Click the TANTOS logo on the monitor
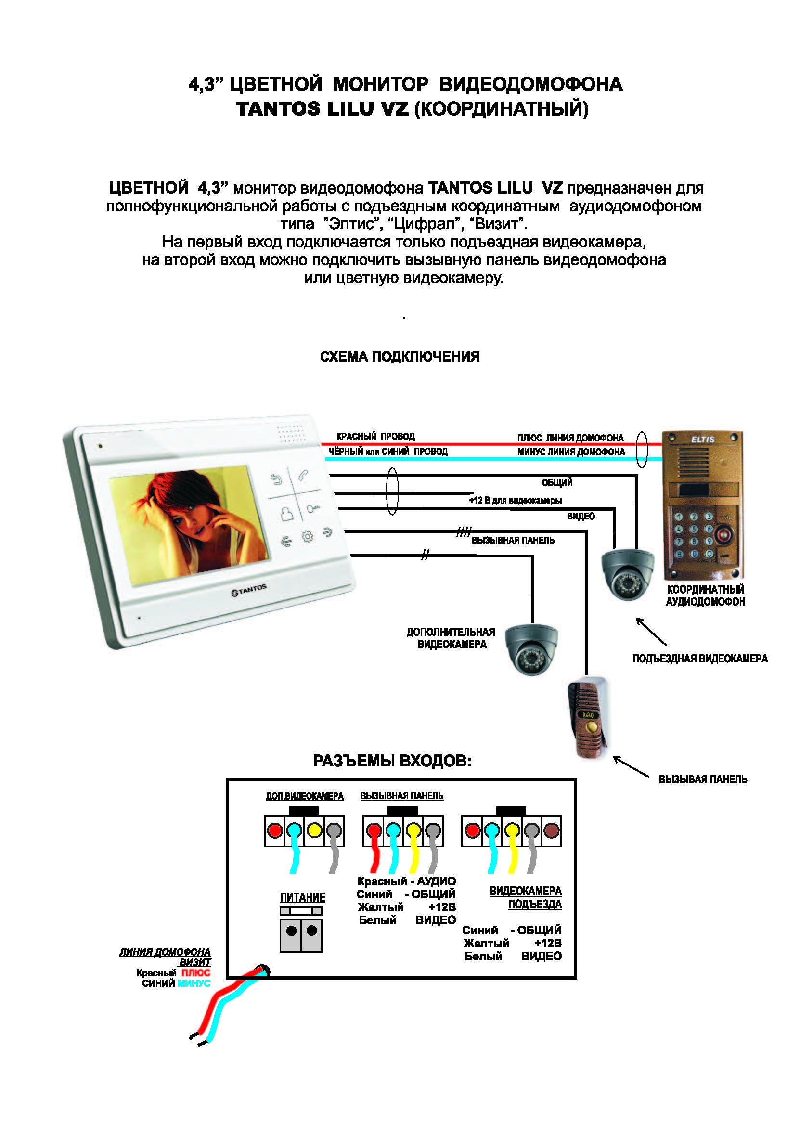(x=249, y=589)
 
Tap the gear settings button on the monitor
(x=308, y=536)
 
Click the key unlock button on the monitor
(x=313, y=508)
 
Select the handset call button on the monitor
(x=303, y=475)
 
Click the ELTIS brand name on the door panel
(x=702, y=439)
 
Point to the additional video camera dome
(x=531, y=649)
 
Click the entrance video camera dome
(x=627, y=573)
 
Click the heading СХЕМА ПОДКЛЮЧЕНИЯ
(x=400, y=357)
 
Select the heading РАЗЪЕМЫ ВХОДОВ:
(x=392, y=761)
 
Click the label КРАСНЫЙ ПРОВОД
(x=375, y=437)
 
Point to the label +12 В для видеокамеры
(x=515, y=501)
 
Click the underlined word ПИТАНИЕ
(x=302, y=897)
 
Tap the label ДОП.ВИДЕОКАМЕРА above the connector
(x=304, y=796)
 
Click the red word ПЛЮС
(x=195, y=973)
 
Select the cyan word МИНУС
(x=194, y=983)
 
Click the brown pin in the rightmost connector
(x=551, y=830)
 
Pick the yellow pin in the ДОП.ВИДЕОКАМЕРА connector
(x=314, y=830)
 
